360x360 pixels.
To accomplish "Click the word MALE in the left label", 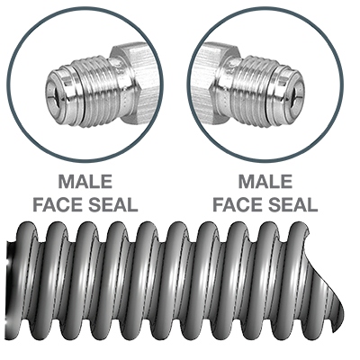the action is (85, 182).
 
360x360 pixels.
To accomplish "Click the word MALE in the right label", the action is (265, 182).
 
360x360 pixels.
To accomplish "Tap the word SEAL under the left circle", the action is (112, 205).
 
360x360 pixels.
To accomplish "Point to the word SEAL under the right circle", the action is (292, 205).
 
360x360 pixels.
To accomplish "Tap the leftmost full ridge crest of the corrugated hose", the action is (27, 228).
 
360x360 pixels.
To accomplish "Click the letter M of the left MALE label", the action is (67, 182).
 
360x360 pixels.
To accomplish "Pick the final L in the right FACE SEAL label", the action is (312, 205).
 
